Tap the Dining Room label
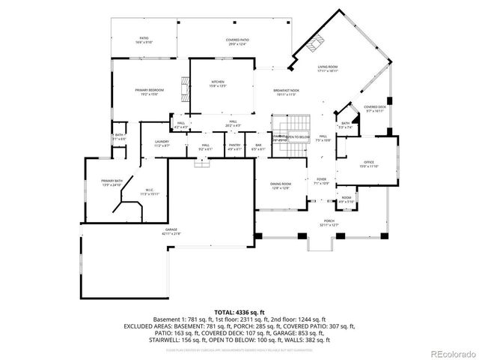pyautogui.click(x=281, y=185)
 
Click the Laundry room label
pyautogui.click(x=162, y=143)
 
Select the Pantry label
pyautogui.click(x=235, y=148)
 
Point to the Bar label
pyautogui.click(x=258, y=148)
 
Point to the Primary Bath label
pyautogui.click(x=112, y=183)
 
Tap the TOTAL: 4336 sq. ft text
pyautogui.click(x=239, y=311)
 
